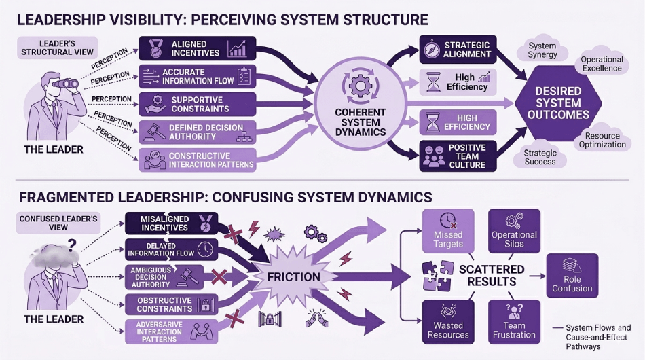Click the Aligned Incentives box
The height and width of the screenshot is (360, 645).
(x=198, y=49)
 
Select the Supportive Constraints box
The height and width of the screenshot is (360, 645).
(x=198, y=103)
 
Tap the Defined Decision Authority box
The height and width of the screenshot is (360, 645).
(x=198, y=131)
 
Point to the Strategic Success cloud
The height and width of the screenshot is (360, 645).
(x=540, y=158)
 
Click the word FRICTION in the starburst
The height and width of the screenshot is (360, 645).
(x=293, y=276)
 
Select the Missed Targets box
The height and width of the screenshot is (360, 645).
(x=447, y=231)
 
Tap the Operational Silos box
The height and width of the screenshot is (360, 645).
(x=514, y=231)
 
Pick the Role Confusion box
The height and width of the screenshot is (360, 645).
(x=572, y=275)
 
